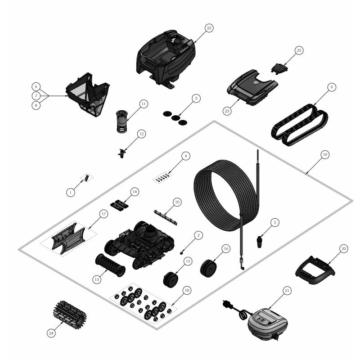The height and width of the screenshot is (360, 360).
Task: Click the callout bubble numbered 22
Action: point(209,28)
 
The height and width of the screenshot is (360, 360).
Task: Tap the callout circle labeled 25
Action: point(299,50)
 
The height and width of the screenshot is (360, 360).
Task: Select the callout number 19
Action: point(325,154)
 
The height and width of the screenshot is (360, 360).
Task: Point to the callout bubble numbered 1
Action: point(71,192)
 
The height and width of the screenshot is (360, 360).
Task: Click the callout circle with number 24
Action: point(51,333)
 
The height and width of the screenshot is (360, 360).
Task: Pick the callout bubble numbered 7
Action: point(36,96)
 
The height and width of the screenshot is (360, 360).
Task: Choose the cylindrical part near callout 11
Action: point(122,121)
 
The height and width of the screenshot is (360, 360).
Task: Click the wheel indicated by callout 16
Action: point(208,268)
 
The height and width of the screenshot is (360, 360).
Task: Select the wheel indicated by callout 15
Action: point(171,279)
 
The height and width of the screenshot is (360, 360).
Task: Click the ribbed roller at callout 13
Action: point(110,265)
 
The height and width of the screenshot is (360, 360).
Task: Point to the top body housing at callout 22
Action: point(166,58)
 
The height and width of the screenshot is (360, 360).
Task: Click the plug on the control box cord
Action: point(227,304)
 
